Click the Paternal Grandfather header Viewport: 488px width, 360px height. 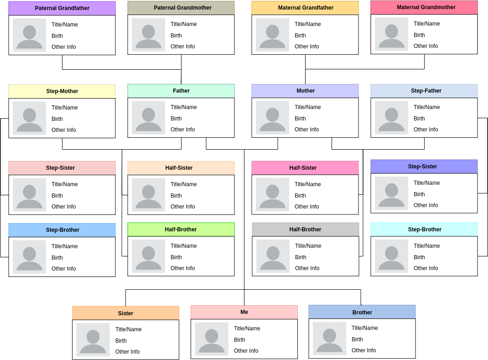click(x=62, y=8)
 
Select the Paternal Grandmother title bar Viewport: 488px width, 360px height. click(x=181, y=8)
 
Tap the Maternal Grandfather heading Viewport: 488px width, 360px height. click(x=305, y=8)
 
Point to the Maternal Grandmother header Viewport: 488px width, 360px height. click(x=424, y=7)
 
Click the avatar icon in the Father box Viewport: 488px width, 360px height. click(x=148, y=118)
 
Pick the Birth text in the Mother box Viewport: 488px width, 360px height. click(x=300, y=119)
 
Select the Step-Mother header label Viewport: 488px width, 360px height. click(x=62, y=91)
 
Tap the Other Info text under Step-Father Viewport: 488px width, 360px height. click(x=426, y=130)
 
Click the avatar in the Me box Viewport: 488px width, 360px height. click(x=212, y=339)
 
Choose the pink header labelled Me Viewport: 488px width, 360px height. click(x=244, y=312)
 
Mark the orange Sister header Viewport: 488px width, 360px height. click(x=125, y=313)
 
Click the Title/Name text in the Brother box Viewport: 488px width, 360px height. click(x=364, y=328)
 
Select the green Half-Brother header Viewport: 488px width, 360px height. click(x=181, y=230)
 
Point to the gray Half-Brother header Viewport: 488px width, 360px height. click(x=306, y=230)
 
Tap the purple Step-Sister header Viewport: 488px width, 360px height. click(x=424, y=167)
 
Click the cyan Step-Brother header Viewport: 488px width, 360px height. click(x=424, y=230)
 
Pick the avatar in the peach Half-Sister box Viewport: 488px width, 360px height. click(x=148, y=195)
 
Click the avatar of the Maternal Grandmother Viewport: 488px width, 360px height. click(x=391, y=34)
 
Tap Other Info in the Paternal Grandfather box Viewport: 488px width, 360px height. click(x=63, y=47)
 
